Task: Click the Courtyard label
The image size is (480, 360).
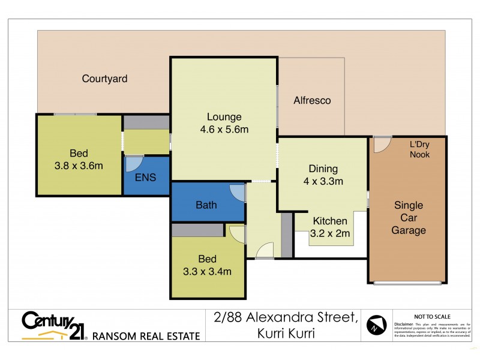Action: coord(104,79)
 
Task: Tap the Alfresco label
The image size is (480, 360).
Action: coord(311,101)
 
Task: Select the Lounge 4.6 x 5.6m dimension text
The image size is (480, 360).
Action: coord(224,129)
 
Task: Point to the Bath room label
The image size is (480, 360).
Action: coord(206,205)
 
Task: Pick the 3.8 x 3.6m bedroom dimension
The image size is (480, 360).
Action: coord(78,166)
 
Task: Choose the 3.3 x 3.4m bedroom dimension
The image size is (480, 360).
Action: coord(207,271)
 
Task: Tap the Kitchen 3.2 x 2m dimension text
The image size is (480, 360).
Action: coord(330,234)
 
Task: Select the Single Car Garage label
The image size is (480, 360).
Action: coord(408,218)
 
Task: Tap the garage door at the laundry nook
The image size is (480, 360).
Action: coord(380,145)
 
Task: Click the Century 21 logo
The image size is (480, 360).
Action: coord(54,325)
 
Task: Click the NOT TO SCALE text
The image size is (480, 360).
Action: coord(432,316)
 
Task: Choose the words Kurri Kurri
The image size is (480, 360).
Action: coord(286,334)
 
